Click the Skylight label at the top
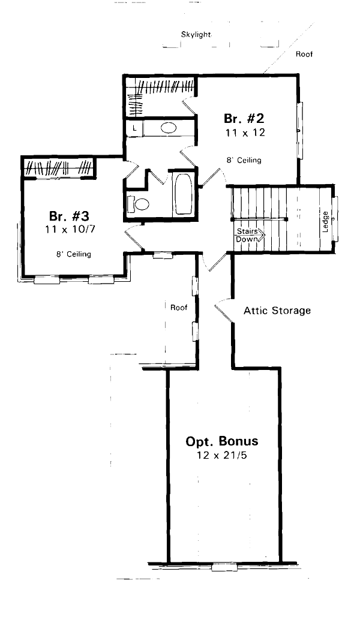point(196,35)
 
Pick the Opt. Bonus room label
point(222,441)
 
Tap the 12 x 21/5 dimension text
point(222,456)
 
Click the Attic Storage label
point(277,311)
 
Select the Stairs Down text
point(248,235)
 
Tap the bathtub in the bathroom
point(182,194)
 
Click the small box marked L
point(134,128)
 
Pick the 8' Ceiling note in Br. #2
point(244,161)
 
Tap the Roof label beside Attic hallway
point(179,308)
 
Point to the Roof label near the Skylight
point(304,54)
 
